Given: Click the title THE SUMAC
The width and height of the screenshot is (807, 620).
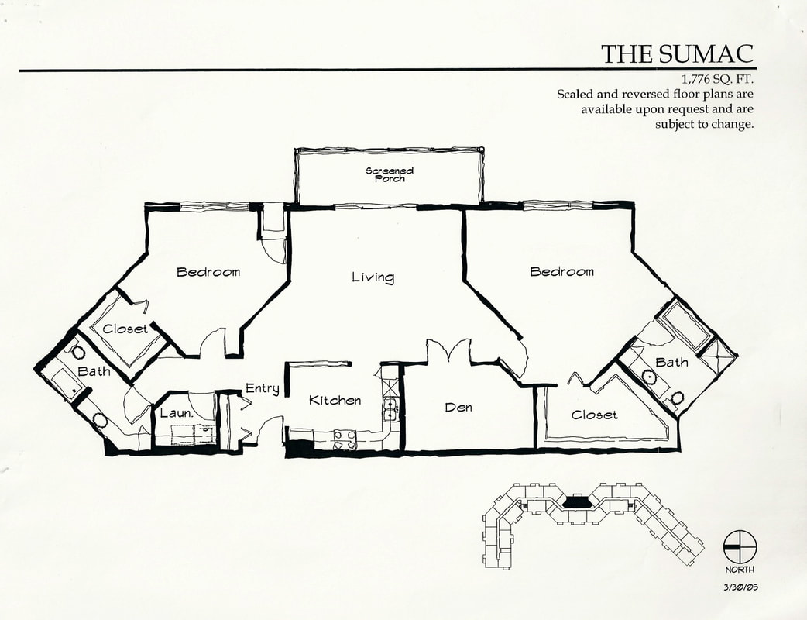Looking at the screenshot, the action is point(678,53).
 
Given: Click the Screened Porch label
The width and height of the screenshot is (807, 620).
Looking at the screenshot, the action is point(390,174).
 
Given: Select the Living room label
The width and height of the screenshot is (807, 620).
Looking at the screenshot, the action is point(373,277).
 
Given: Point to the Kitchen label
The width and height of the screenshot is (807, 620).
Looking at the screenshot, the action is point(335,400).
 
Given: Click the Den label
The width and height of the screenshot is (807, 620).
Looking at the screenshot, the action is point(458,408).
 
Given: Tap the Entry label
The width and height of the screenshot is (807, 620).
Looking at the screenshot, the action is point(263,388).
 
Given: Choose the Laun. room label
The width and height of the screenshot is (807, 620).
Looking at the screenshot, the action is point(177,413).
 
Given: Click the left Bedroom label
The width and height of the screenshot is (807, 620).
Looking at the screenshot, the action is point(208,272).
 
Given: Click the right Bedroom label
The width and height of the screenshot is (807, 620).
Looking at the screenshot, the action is point(562,271).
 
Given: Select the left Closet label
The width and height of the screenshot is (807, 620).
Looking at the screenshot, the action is point(125,329).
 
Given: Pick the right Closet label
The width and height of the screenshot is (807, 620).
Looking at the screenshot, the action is point(595,415).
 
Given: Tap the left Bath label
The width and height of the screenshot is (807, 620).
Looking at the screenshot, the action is point(94,371).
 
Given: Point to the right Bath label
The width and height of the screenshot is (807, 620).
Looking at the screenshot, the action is point(671,363).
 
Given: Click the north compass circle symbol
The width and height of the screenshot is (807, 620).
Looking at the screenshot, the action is point(740,547).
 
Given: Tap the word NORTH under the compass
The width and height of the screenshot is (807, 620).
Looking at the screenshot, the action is point(740,570).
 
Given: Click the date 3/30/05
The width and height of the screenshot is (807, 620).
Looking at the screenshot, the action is point(742,587).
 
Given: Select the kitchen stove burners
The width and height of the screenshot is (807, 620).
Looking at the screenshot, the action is point(345,439).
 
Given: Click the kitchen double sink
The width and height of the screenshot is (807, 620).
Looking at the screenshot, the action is point(390,410).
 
